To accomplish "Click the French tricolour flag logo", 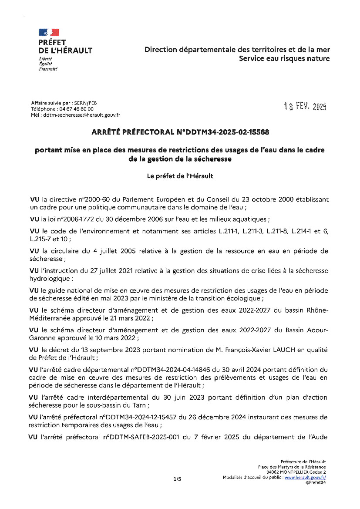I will [x=49, y=32].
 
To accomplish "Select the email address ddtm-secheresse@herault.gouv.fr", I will [x=81, y=115].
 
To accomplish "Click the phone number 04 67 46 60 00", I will [x=74, y=109].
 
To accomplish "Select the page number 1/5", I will [x=177, y=479].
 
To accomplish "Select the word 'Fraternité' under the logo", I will [x=48, y=69].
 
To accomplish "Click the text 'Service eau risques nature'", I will [x=284, y=59].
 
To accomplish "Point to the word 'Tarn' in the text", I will [x=141, y=405].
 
